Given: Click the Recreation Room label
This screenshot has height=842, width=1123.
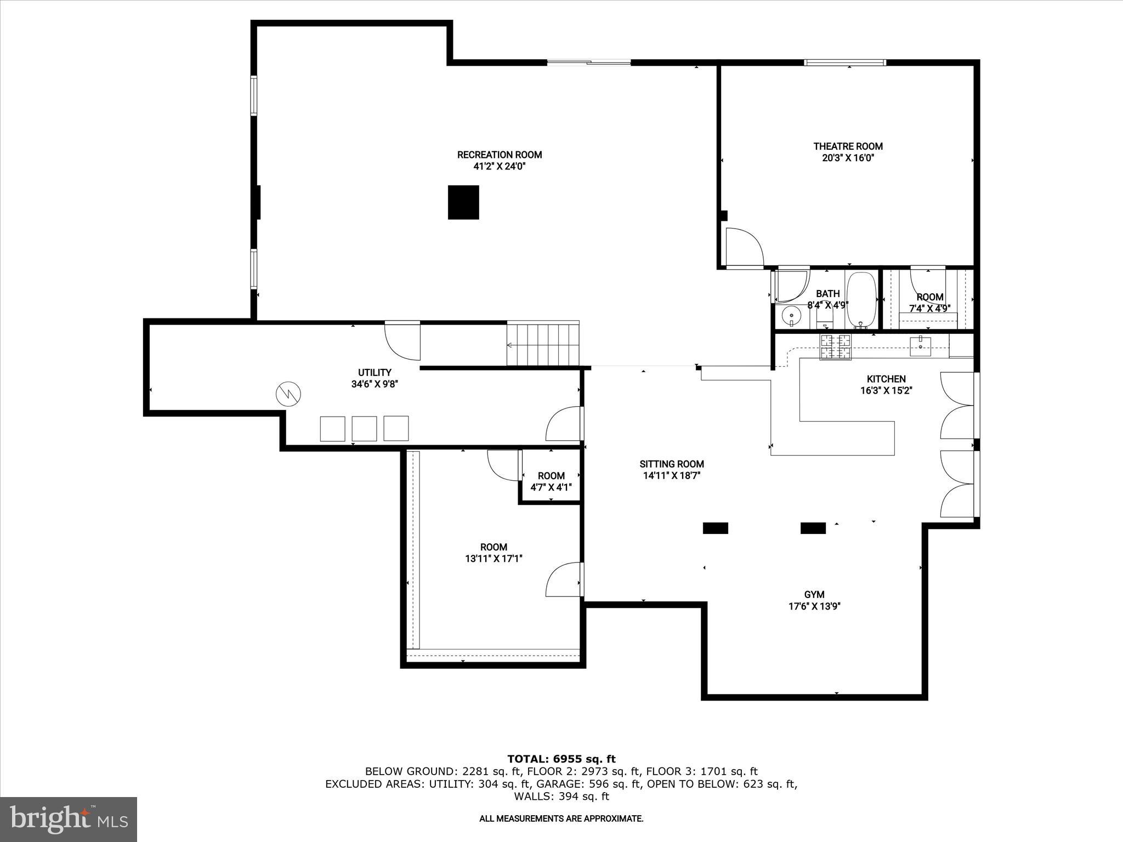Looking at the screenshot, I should click(500, 155).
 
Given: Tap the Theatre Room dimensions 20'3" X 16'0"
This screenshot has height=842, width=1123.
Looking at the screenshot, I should click(848, 158).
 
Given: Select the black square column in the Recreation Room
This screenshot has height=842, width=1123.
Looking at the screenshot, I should click(463, 202).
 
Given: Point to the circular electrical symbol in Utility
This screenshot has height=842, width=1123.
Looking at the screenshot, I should click(288, 394).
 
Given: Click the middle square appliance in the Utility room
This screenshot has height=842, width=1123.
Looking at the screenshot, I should click(364, 429).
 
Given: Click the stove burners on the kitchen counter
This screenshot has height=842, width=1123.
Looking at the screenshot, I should click(836, 346).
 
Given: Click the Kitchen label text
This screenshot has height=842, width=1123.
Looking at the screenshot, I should click(886, 379).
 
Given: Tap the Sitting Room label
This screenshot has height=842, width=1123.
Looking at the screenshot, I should click(672, 464).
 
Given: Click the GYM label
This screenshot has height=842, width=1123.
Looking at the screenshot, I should click(814, 594).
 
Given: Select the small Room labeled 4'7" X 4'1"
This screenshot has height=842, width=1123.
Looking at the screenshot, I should click(551, 481).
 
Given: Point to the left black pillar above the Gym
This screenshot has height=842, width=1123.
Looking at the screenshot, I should click(716, 528).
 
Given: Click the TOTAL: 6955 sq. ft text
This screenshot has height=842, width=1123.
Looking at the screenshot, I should click(561, 759).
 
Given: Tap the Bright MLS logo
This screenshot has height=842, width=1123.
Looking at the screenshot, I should click(69, 819).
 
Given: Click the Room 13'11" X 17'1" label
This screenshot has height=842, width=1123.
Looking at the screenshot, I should click(494, 553).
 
